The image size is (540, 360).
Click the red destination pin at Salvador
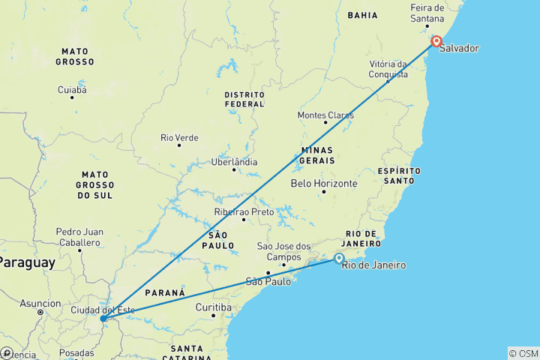tap(436, 42)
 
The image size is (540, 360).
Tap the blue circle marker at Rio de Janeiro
tap(339, 259)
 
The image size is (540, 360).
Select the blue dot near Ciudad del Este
tap(103, 319)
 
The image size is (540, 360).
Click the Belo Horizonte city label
tap(324, 183)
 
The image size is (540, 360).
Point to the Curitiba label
tap(212, 307)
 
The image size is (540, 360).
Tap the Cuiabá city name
tap(72, 90)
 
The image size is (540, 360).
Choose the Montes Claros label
tap(325, 115)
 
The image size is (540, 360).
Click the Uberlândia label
tap(234, 162)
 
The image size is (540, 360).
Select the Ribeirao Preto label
tap(244, 212)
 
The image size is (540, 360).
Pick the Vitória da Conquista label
tap(388, 69)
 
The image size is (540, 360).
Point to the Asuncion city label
tap(40, 304)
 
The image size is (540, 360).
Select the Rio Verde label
tap(179, 138)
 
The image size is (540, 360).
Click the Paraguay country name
tap(27, 263)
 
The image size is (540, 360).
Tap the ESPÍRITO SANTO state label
tap(399, 175)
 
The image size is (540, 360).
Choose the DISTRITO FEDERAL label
tap(244, 99)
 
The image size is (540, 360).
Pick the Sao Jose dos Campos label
tap(283, 251)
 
